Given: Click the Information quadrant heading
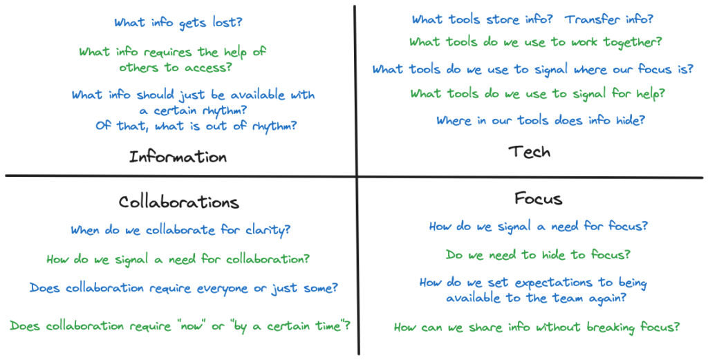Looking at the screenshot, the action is click(x=178, y=157).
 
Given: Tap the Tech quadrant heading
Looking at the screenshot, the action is click(x=529, y=151).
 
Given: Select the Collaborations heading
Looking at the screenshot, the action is click(x=179, y=202).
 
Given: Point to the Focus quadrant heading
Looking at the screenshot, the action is click(x=538, y=198).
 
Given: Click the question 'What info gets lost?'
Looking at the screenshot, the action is click(x=178, y=23).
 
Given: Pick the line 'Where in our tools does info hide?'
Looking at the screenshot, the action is click(x=541, y=120).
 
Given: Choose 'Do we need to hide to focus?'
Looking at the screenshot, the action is click(x=538, y=255).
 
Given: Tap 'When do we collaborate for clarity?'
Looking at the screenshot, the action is click(x=180, y=230).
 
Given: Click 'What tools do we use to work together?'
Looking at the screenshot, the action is click(x=536, y=42).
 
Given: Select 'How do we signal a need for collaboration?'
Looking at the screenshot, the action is click(x=178, y=259).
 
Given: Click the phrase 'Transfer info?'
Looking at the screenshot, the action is click(x=609, y=19).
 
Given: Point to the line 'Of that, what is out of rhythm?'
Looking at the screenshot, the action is click(x=196, y=126).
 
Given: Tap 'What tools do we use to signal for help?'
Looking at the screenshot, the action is click(x=537, y=94).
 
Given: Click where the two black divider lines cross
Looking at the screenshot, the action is click(x=356, y=176).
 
